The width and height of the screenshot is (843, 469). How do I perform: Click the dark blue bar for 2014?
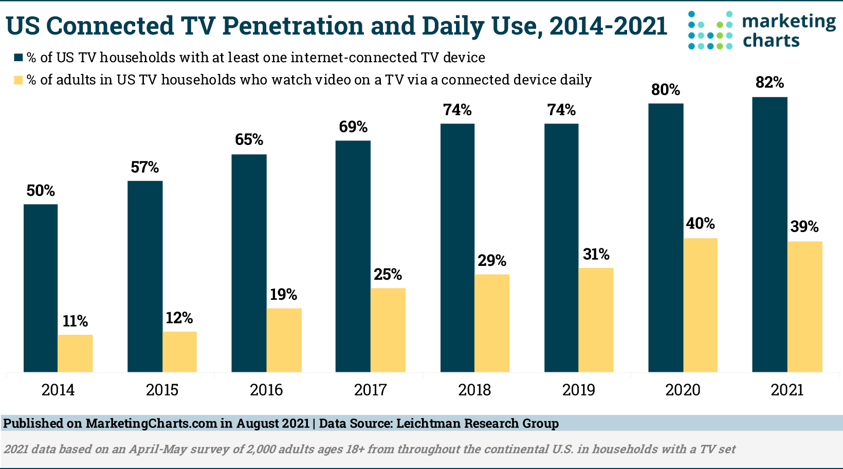pos(41,288)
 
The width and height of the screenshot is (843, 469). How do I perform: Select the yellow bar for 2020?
pos(700,305)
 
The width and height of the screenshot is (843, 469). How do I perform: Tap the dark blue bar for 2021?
pos(769,234)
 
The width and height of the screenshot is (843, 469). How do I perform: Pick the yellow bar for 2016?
pos(284,340)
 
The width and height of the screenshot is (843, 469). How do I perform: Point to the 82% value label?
pos(769,82)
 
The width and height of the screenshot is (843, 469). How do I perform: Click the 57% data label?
pos(144,167)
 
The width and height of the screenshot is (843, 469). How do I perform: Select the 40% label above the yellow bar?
pos(700,224)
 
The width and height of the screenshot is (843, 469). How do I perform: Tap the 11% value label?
pos(75,321)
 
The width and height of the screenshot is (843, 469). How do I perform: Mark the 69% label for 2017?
pos(353,127)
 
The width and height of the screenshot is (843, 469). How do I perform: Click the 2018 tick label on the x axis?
pos(474,390)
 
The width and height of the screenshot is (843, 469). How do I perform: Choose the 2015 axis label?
pos(162,390)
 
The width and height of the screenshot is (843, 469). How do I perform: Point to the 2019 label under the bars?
pos(578,390)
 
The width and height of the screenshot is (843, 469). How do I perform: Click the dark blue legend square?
pos(19,57)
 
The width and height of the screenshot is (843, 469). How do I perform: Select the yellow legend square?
pos(19,80)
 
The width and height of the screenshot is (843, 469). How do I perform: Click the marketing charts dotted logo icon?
pos(710,30)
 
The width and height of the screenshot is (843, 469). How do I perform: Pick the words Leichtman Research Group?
pos(478,424)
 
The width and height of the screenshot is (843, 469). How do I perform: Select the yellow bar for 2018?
pos(492,323)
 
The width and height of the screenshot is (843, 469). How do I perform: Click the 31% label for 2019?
pos(596,254)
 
